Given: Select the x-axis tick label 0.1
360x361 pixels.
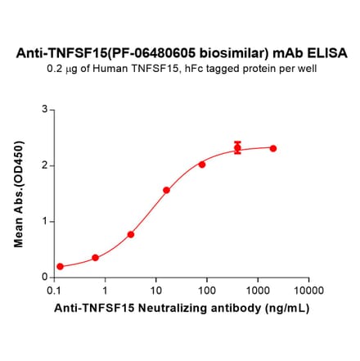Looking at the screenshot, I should coord(55,291).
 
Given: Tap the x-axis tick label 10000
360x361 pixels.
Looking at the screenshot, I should coord(308,291).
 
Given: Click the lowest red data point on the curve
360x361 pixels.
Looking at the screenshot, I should coord(60,267).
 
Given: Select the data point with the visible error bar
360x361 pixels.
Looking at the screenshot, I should coord(237,148).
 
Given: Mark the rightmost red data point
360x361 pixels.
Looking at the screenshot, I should coord(272,148).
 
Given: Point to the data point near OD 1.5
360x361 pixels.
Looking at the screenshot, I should coord(166,190).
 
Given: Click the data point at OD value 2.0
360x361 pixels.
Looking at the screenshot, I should coord(202,164).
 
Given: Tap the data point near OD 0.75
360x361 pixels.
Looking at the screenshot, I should coord(131,234).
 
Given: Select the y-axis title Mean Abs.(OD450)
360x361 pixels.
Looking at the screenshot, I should coord(19,193).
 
